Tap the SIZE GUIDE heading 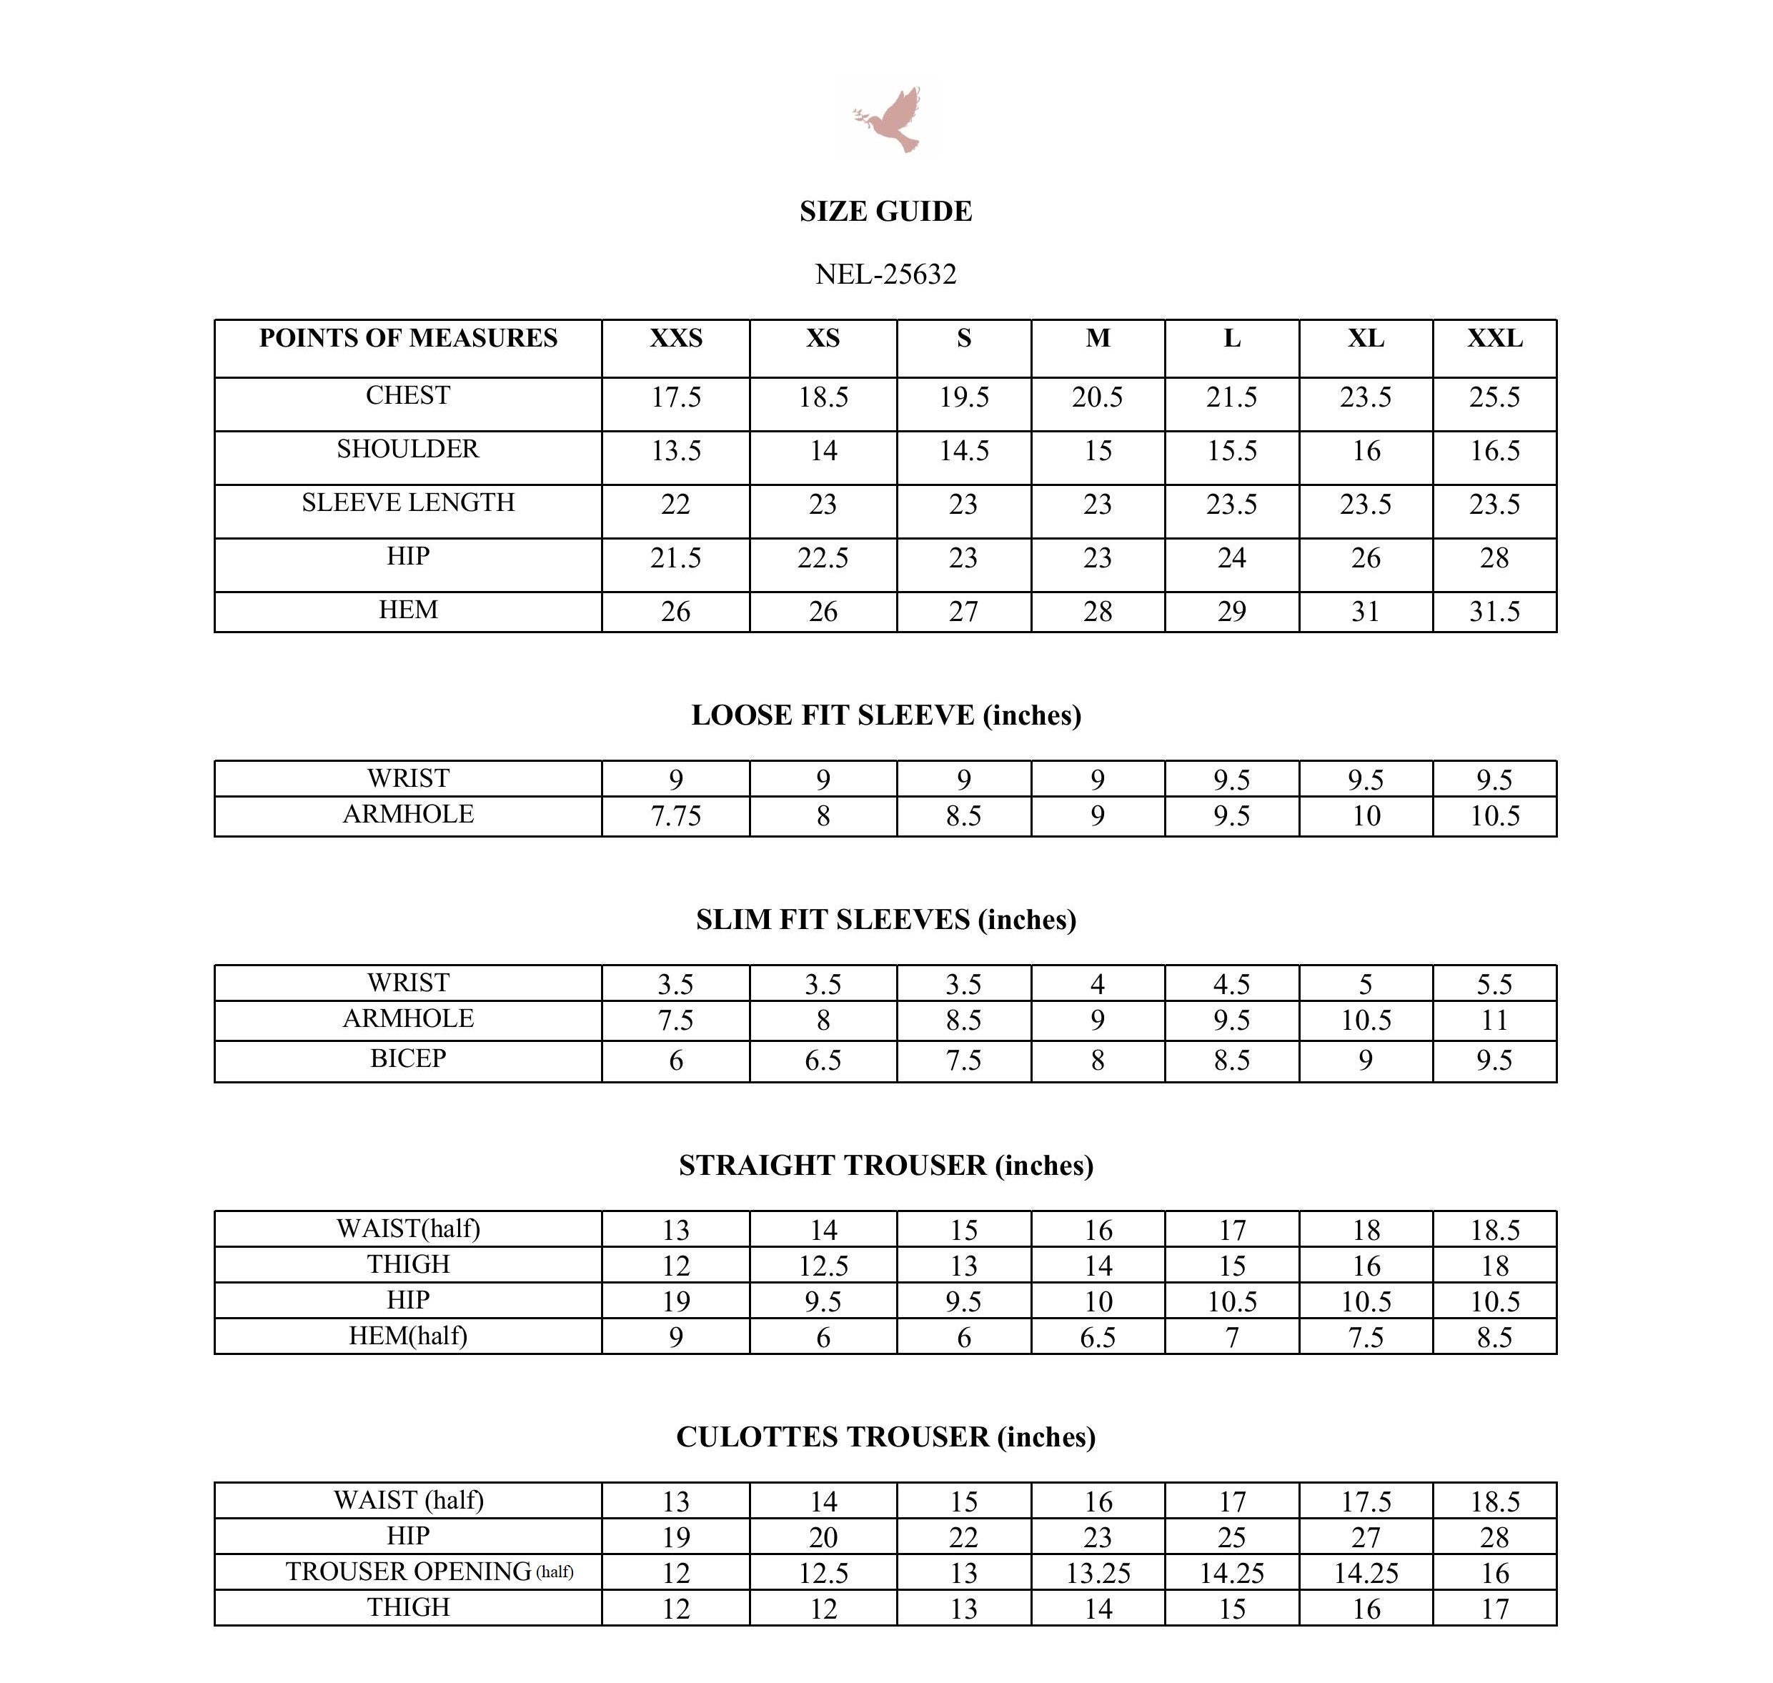coord(885,211)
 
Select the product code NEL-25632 coord(885,274)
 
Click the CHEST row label coord(408,396)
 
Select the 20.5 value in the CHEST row coord(1098,397)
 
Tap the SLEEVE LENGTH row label coord(408,502)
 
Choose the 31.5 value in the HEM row coord(1494,612)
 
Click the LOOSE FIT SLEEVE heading coord(885,715)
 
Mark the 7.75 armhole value coord(675,816)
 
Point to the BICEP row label coord(408,1058)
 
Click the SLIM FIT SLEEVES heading coord(885,920)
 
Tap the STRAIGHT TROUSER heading coord(885,1166)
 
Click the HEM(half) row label coord(408,1336)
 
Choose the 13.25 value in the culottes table coord(1098,1574)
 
